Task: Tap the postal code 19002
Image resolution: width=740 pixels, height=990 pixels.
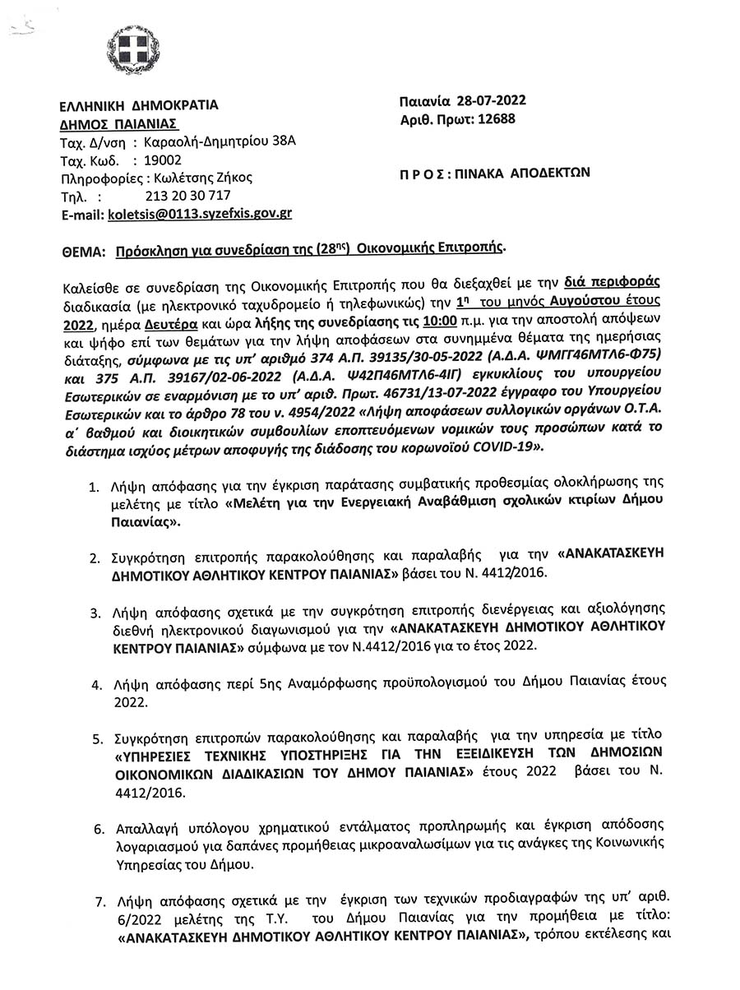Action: click(x=163, y=160)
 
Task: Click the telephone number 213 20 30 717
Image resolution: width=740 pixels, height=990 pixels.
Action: click(x=186, y=196)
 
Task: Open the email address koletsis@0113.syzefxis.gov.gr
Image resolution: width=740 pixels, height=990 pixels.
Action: click(x=199, y=214)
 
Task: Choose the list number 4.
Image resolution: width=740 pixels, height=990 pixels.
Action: click(x=96, y=683)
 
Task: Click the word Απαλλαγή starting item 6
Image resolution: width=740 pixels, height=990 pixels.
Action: click(x=139, y=826)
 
